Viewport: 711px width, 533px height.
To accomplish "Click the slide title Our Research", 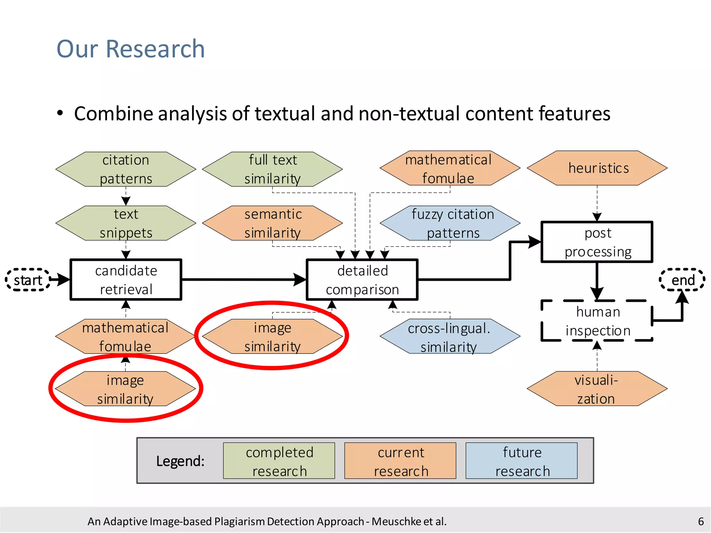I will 131,49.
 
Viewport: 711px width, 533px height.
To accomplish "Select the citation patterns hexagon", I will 126,169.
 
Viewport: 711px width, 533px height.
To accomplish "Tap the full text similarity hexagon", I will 273,169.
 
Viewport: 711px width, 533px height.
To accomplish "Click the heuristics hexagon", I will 597,168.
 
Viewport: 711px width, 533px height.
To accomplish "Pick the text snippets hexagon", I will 126,223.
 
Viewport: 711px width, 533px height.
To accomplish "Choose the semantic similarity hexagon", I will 273,223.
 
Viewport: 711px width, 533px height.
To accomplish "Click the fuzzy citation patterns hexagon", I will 450,223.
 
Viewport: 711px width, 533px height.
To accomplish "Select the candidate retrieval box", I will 126,279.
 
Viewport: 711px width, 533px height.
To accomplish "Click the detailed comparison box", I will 362,279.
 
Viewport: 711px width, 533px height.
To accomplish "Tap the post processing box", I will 597,242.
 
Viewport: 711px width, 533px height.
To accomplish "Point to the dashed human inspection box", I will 597,321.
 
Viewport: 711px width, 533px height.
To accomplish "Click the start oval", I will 28,280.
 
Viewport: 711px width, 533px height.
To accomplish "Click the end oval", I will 682,280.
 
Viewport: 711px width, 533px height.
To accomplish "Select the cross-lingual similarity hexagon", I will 450,337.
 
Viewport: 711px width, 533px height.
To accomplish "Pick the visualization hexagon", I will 597,389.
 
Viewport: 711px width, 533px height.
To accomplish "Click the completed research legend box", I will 279,461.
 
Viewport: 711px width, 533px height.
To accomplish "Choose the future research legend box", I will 521,461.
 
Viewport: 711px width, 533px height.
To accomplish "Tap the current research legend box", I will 400,461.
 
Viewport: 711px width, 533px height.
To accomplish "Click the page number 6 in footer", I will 701,521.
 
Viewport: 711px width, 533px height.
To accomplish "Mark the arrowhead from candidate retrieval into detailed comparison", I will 300,279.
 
